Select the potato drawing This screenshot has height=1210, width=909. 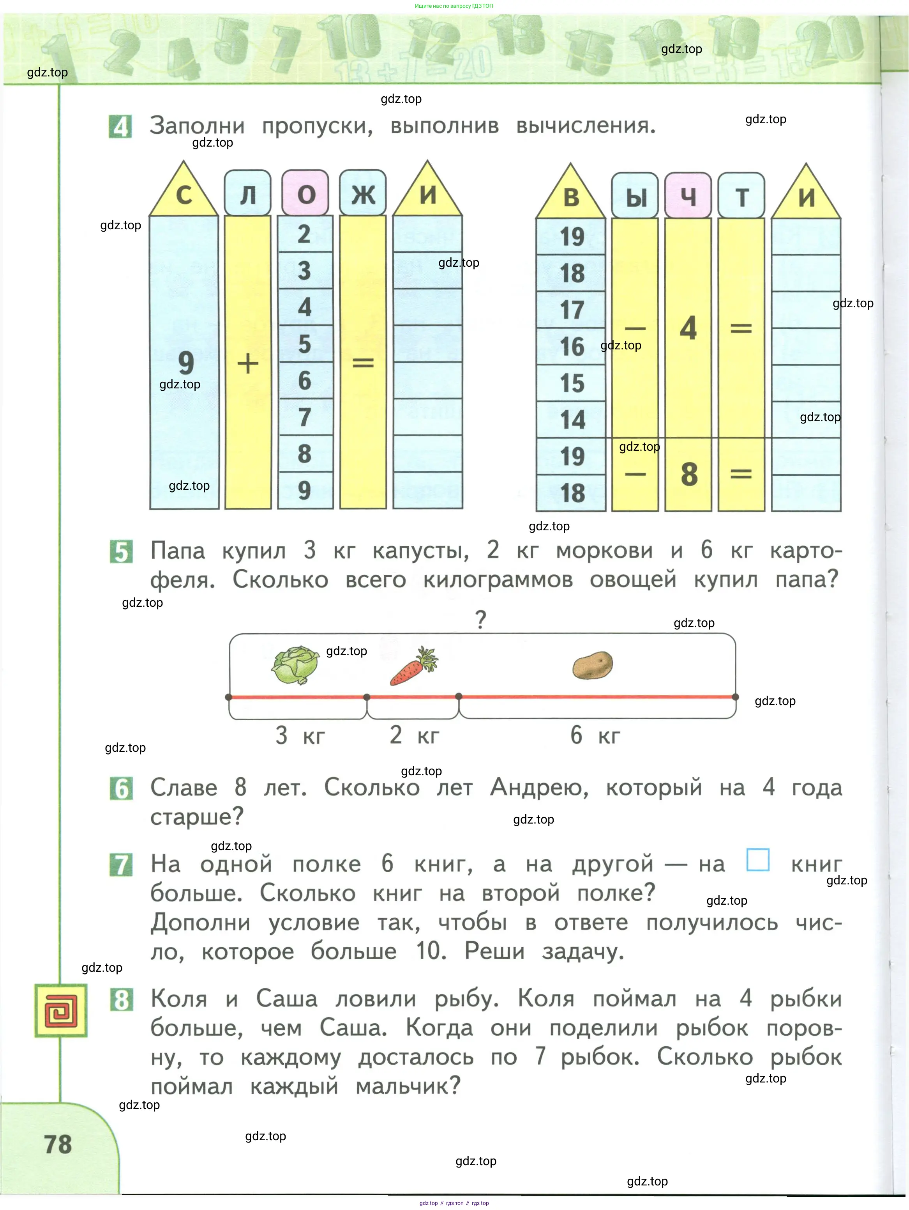[x=593, y=665]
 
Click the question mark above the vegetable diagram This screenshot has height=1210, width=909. [x=480, y=620]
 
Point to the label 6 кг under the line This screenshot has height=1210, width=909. [x=595, y=735]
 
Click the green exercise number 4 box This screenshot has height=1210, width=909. [x=120, y=127]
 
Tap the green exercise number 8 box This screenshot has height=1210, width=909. [x=121, y=999]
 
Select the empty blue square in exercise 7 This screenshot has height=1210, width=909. [x=757, y=860]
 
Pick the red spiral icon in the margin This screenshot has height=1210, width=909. [x=61, y=1011]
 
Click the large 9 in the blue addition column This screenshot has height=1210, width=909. [x=186, y=362]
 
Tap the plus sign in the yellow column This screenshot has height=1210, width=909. [x=248, y=363]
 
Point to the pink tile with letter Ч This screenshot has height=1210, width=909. [x=688, y=196]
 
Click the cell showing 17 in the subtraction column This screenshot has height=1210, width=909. [x=571, y=310]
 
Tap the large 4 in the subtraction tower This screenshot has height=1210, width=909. [x=688, y=328]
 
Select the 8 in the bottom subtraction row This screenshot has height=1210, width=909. [x=689, y=474]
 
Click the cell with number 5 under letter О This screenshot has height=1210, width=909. [x=304, y=344]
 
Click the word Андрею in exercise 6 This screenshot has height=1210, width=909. [x=539, y=788]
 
